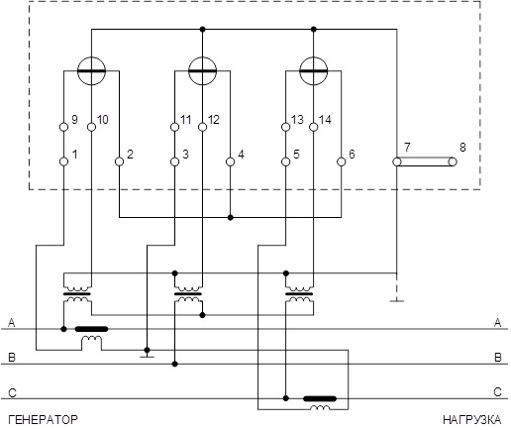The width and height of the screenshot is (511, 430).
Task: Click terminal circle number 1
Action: (x=64, y=161)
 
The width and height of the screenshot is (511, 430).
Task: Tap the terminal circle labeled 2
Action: (x=119, y=161)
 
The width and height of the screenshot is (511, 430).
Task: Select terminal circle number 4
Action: (x=231, y=161)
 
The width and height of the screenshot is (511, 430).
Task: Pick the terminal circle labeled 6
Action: (x=342, y=161)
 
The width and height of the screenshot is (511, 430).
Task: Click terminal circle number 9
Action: (x=64, y=127)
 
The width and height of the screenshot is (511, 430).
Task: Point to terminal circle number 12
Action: (x=203, y=127)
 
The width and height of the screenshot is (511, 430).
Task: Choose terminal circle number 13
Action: (x=286, y=127)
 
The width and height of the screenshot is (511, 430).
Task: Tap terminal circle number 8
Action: (x=453, y=161)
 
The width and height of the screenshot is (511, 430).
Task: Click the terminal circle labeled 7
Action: (x=397, y=161)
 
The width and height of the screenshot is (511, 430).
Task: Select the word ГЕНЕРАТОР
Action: (x=43, y=420)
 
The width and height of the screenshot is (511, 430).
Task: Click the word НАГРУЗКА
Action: (x=472, y=420)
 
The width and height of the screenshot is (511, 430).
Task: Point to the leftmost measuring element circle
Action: (x=91, y=70)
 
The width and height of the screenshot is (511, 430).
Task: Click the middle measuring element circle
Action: (x=202, y=70)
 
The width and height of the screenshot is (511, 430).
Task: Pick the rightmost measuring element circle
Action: (x=314, y=70)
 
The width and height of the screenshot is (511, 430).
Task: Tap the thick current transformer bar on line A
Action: (x=91, y=329)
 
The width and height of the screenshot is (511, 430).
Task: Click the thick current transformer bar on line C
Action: (x=320, y=398)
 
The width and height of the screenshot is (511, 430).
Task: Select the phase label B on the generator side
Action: (x=12, y=358)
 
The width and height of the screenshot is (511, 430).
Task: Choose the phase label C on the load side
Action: (x=498, y=392)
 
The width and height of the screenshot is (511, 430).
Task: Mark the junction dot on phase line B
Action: (x=175, y=364)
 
